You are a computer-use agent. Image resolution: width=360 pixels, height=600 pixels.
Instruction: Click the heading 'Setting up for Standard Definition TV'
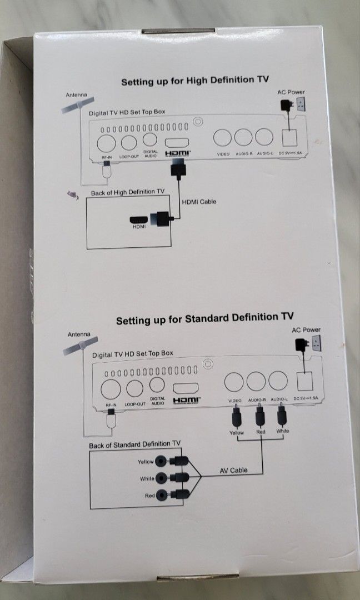tap(204, 319)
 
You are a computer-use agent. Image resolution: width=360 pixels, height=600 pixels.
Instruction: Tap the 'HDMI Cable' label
tap(199, 201)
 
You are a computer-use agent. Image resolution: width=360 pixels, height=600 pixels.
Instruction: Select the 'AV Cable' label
tap(232, 470)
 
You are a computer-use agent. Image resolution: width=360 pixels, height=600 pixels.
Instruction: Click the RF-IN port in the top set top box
tap(106, 142)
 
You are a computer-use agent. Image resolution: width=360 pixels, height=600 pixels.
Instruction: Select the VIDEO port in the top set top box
tap(223, 137)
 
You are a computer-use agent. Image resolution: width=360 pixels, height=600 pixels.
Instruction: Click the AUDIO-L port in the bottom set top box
tap(279, 382)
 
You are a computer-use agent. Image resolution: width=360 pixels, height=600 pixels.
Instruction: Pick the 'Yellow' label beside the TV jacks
tap(145, 462)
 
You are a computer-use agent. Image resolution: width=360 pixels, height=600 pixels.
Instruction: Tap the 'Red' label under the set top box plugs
tap(260, 432)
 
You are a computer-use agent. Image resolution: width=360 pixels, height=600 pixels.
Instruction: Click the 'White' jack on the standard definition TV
tap(162, 477)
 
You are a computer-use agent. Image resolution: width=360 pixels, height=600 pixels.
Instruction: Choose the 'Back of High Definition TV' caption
tap(127, 192)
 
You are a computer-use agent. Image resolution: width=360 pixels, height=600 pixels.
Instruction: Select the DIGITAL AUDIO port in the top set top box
tap(151, 140)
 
